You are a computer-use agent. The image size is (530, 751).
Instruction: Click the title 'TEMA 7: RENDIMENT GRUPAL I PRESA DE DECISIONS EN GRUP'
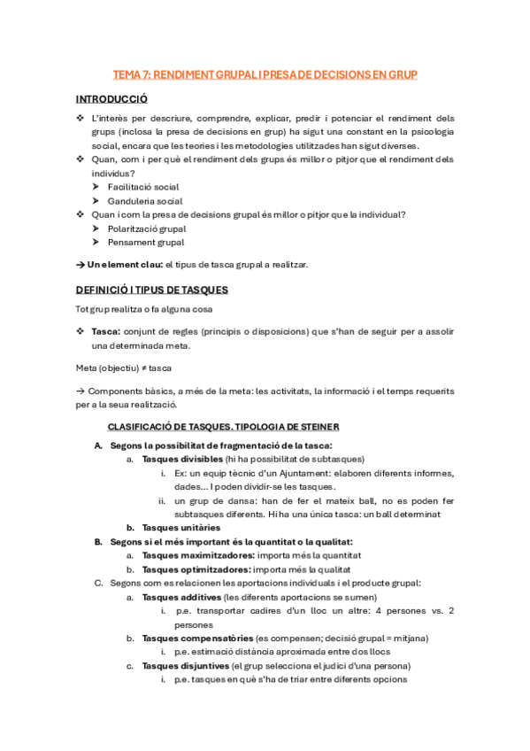click(x=265, y=75)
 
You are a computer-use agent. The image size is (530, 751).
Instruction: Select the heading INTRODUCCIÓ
click(x=111, y=99)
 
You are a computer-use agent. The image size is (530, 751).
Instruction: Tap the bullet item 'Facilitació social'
click(x=142, y=187)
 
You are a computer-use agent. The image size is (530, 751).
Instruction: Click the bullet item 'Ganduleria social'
click(x=144, y=201)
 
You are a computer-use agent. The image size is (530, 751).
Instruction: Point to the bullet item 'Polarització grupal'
click(x=146, y=228)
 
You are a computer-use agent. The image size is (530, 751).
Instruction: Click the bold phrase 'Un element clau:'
click(x=125, y=265)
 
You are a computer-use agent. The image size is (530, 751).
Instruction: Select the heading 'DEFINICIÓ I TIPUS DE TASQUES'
click(x=151, y=290)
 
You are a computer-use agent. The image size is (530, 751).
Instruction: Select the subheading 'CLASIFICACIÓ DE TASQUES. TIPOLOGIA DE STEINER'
click(x=230, y=427)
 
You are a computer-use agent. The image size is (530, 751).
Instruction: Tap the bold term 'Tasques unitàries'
click(x=181, y=528)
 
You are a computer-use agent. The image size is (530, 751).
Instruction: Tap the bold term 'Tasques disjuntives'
click(x=185, y=666)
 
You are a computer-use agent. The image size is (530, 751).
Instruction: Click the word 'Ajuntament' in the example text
click(x=316, y=473)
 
